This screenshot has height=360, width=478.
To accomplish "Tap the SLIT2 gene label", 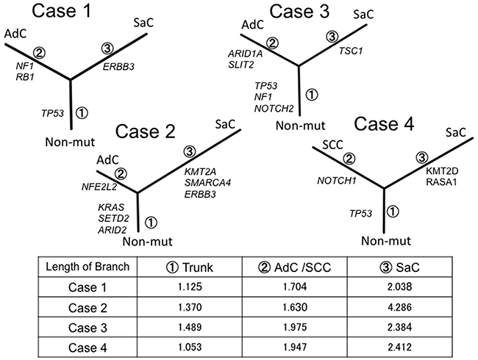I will point(242,64).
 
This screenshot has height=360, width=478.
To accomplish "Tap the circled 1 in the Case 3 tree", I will point(311,95).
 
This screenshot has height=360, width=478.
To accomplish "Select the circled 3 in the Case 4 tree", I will point(423,156).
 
